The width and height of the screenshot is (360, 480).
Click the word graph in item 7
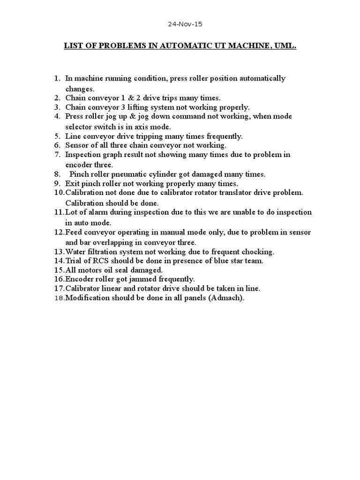pos(111,155)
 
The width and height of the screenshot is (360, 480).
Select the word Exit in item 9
pos(72,184)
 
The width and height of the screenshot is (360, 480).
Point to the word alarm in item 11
pos(97,212)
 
